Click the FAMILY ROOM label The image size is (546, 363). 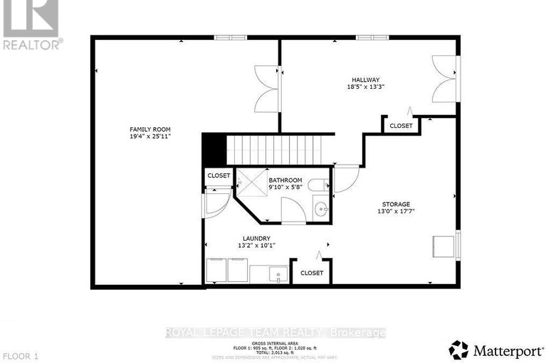pos(150,129)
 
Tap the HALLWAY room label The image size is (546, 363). pos(365,80)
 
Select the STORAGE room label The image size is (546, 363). pos(394,204)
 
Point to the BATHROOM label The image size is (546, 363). pos(285,180)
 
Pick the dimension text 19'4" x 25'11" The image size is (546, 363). pos(150,136)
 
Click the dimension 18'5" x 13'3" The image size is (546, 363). pos(365,87)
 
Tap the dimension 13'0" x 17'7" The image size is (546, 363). pos(394,211)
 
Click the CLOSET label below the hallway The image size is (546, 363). pos(401,126)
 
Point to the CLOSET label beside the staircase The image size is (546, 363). pos(219,175)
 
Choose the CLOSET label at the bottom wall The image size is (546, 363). pos(312,273)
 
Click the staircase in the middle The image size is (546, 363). pos(273,149)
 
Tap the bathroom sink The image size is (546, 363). pos(321,209)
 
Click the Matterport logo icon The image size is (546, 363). pos(458,349)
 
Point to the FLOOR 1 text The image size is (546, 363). pos(19,354)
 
